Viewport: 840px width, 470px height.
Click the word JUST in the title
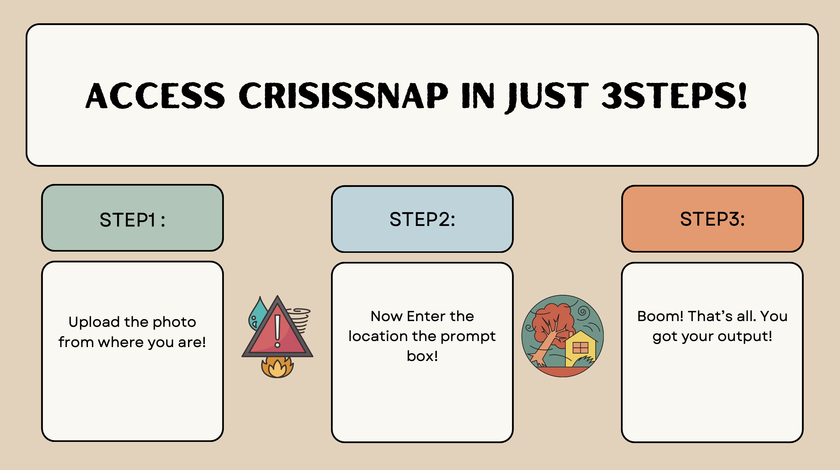(547, 96)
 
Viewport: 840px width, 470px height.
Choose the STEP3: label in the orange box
(712, 219)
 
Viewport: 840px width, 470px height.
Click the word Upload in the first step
(94, 323)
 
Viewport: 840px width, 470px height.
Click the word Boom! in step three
(660, 316)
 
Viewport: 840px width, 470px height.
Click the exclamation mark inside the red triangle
(278, 330)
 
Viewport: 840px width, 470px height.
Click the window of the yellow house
(581, 348)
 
